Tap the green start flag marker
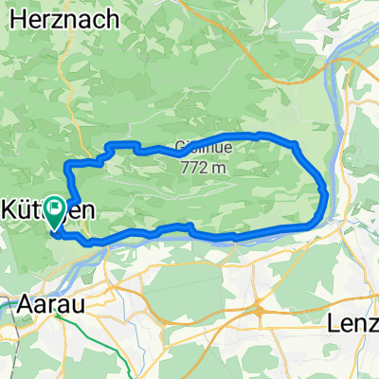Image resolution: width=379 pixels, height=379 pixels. point(56,209)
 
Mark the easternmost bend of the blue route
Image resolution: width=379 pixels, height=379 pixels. point(327,194)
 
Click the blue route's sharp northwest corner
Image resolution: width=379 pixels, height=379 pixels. point(66,166)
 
